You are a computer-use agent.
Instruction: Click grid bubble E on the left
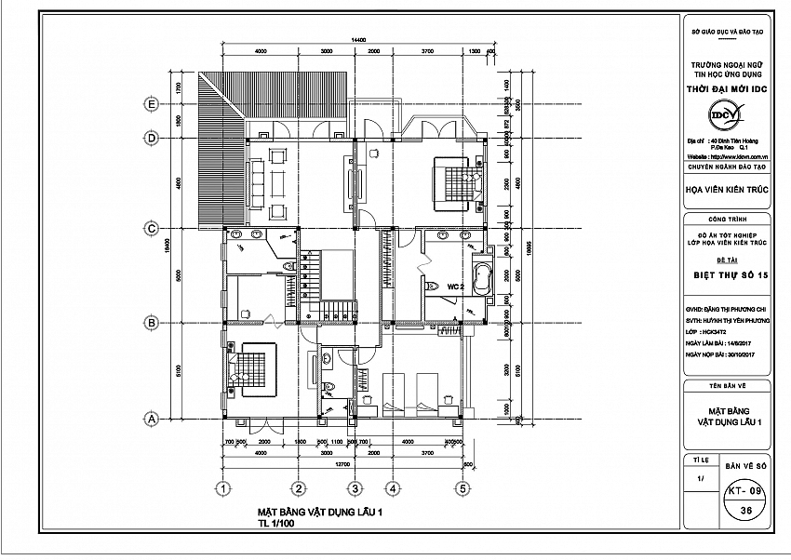pyautogui.click(x=150, y=103)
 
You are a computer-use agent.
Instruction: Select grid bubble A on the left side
pyautogui.click(x=150, y=420)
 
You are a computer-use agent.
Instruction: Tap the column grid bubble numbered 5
pyautogui.click(x=462, y=487)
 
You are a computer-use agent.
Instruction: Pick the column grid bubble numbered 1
pyautogui.click(x=222, y=487)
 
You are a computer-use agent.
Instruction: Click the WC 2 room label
pyautogui.click(x=455, y=287)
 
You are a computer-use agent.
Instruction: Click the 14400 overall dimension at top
pyautogui.click(x=359, y=39)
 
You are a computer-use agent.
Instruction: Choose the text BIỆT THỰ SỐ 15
pyautogui.click(x=731, y=275)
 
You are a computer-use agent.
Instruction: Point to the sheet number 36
pyautogui.click(x=744, y=511)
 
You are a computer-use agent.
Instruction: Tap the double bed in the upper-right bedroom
pyautogui.click(x=456, y=178)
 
